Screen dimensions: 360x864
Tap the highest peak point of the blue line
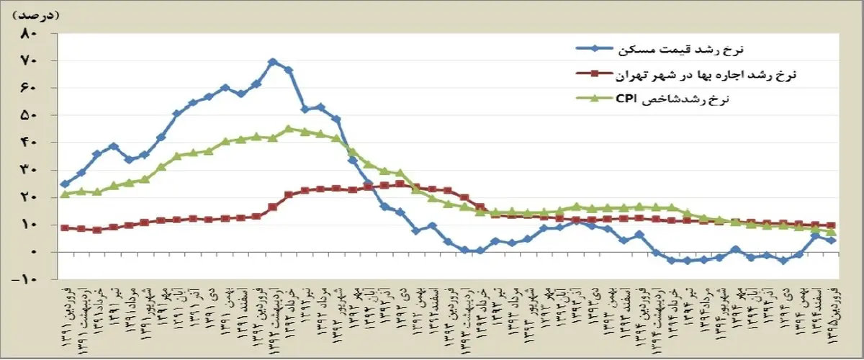[272, 62]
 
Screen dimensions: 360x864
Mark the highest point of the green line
[288, 129]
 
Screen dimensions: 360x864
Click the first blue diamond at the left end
[65, 184]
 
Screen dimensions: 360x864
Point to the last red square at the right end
[831, 226]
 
